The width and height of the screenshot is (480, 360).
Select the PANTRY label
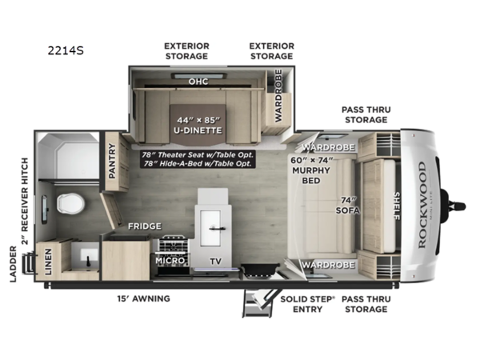113,160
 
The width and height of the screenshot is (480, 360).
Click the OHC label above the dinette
198,82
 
